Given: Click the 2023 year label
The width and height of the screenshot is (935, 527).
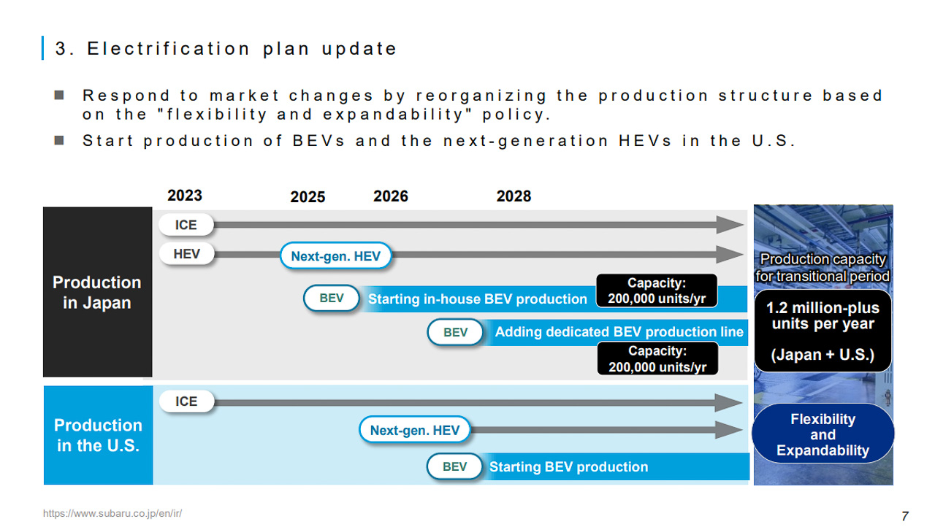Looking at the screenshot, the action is (185, 196).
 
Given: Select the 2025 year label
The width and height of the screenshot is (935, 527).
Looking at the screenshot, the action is (308, 197).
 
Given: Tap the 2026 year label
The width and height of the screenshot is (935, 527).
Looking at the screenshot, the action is (390, 196).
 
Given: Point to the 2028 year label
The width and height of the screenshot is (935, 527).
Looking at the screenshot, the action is (514, 196).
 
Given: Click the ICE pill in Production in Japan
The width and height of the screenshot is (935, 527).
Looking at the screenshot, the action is (186, 225).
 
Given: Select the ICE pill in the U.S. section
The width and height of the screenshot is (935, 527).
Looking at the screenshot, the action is (186, 401).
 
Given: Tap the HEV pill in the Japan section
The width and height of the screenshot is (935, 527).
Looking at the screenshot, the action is (186, 253).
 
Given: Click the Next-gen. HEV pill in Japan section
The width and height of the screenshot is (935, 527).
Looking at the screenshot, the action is (335, 255).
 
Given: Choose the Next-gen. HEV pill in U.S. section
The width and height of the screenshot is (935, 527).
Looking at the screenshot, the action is (414, 430).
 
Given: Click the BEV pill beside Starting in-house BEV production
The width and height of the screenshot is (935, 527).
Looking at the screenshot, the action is (332, 298).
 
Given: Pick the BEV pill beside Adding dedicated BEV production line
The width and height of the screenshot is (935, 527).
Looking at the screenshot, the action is (455, 332).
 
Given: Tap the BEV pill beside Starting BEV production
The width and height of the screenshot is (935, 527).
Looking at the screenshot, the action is (454, 466).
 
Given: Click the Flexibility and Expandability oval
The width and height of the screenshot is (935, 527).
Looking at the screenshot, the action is (823, 434).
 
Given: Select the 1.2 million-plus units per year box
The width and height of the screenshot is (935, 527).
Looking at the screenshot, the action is (823, 331).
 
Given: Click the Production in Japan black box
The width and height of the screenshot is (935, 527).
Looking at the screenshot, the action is (98, 292).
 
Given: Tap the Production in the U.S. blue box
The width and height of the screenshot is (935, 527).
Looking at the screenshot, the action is (98, 435).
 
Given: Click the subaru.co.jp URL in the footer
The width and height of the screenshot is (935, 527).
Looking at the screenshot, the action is (112, 513).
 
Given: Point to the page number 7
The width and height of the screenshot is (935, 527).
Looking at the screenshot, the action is (905, 516).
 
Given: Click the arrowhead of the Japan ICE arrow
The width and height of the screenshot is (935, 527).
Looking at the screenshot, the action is (730, 225).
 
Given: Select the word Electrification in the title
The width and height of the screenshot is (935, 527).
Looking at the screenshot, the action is (168, 49).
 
